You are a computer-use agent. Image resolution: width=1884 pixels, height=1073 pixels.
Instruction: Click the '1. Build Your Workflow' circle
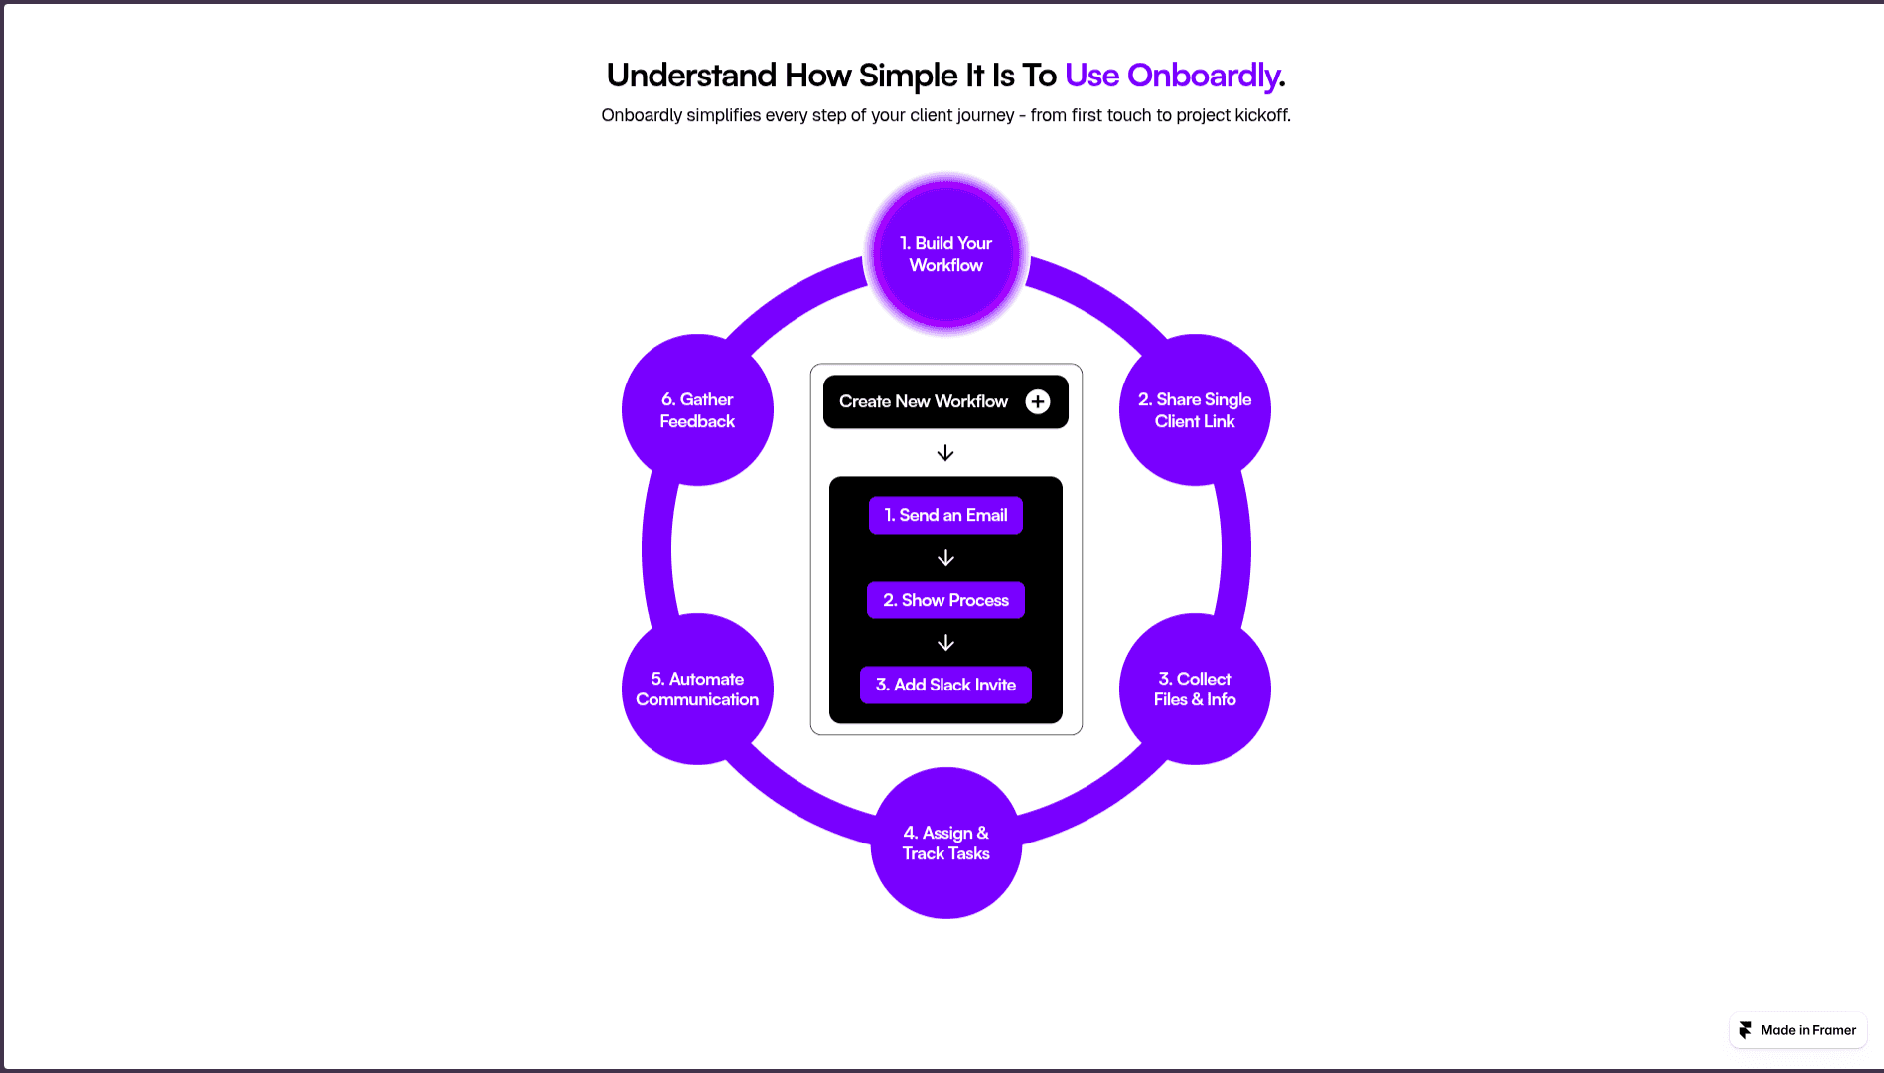(x=945, y=254)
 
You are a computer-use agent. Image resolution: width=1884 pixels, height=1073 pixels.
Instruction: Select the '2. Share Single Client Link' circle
(x=1195, y=410)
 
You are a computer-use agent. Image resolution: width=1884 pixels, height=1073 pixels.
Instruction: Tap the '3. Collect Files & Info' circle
(x=1195, y=689)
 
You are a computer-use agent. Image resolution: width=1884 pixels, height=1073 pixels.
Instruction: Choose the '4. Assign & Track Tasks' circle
(x=945, y=843)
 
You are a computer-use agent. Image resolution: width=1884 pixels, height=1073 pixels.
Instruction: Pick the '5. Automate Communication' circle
(x=697, y=689)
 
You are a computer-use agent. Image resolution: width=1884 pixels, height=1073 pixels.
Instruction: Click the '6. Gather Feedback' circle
(x=697, y=410)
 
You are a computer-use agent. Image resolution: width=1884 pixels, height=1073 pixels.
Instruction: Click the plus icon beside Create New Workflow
(x=1038, y=401)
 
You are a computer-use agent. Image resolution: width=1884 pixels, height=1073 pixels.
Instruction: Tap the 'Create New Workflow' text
(x=923, y=401)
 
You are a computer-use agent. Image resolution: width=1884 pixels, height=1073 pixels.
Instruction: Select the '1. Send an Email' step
(x=945, y=515)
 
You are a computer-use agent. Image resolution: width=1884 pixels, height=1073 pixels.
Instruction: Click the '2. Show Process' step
(x=945, y=600)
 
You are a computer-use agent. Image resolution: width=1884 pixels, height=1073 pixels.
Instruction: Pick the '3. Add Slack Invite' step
(x=945, y=685)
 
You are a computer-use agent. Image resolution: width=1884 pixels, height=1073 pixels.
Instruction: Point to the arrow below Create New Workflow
(x=945, y=453)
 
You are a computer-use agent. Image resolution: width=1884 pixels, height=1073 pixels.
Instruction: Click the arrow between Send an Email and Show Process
(x=945, y=558)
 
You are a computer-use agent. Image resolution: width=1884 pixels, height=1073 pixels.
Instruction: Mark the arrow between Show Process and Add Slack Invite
(x=945, y=643)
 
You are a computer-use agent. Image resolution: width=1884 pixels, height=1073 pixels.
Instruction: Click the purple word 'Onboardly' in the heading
(x=1203, y=76)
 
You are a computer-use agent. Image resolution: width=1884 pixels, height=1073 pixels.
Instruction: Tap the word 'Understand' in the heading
(x=691, y=76)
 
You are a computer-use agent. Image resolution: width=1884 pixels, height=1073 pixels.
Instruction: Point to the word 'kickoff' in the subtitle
(x=1261, y=115)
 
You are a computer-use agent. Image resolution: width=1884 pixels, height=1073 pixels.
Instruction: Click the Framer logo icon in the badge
(x=1745, y=1030)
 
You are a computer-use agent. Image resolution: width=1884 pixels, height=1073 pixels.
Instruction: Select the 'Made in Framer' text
(x=1808, y=1030)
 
